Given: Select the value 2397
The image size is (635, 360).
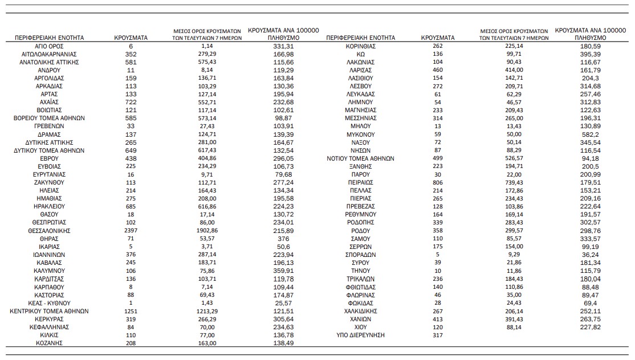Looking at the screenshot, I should [131, 231].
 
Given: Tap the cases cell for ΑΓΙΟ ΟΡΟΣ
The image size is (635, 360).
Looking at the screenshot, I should [131, 46].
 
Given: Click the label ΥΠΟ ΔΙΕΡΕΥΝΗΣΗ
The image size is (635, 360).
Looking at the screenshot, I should [360, 336].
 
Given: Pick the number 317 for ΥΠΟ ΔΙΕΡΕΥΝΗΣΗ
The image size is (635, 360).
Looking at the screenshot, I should [438, 336].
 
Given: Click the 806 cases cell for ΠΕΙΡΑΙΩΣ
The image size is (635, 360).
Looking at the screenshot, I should [438, 182].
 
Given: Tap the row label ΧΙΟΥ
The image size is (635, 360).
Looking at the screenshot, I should [360, 328].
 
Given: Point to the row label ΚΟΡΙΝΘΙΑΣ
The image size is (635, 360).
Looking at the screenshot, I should [360, 46].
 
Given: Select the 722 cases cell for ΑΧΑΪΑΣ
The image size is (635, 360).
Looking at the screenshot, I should [131, 102].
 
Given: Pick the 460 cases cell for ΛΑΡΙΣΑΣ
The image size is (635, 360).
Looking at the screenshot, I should [438, 69].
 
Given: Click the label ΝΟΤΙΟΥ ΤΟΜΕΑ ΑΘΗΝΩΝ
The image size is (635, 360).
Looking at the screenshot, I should [360, 158].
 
